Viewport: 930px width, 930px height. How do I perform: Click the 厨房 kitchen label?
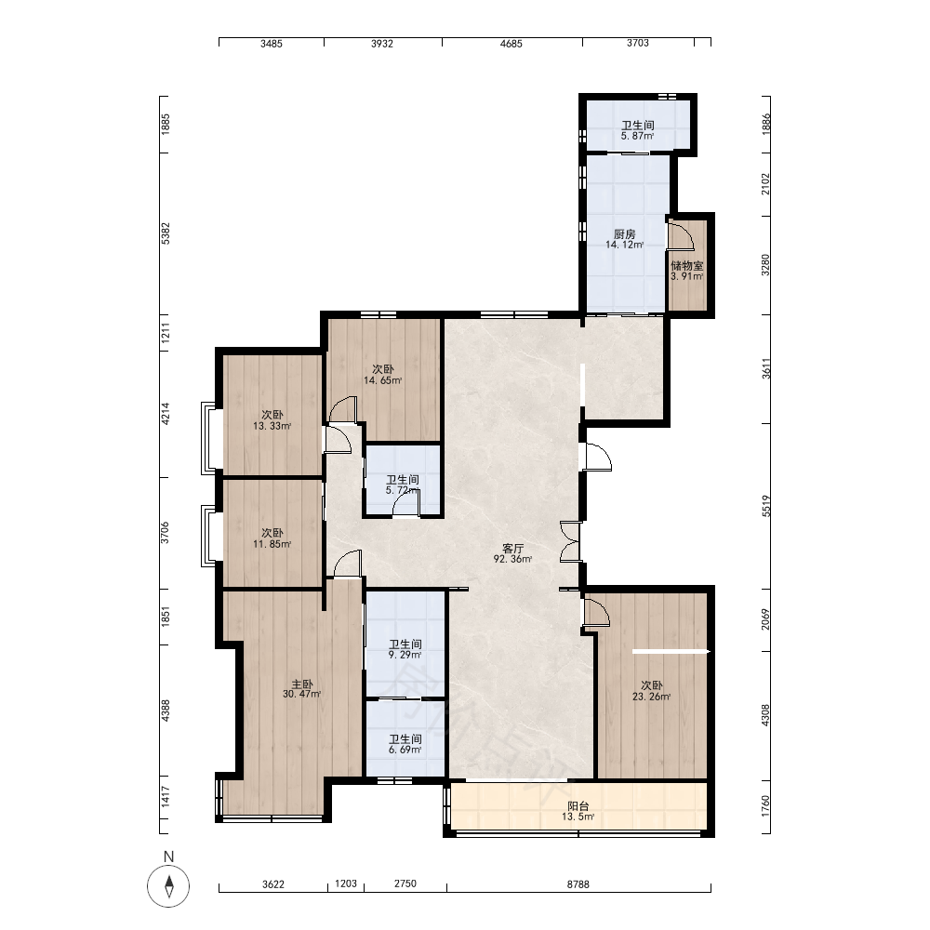coord(625,234)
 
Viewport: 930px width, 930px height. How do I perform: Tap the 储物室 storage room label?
coord(687,266)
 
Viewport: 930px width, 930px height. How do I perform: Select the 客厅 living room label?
coord(513,548)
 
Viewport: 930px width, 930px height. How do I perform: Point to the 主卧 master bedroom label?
coord(302,684)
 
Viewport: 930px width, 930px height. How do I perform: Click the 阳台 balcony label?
coord(578,806)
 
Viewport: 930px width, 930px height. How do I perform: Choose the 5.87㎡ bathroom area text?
coord(638,136)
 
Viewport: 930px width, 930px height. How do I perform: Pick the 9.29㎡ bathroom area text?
coord(405,655)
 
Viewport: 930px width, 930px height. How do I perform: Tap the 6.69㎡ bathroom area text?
coord(405,750)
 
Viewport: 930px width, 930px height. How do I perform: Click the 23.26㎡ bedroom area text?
coord(651,697)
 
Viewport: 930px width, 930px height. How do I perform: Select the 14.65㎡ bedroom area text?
coord(382,380)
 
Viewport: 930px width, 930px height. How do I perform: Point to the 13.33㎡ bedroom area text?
coord(272,426)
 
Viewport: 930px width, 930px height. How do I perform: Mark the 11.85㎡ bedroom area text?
coord(272,544)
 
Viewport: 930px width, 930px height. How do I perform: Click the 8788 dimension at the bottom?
coord(578,884)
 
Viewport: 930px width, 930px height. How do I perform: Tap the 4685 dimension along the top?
coord(511,44)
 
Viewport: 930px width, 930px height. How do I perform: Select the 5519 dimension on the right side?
coord(765,506)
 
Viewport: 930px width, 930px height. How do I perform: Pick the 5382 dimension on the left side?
coord(166,233)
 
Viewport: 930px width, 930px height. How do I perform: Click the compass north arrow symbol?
coord(169,886)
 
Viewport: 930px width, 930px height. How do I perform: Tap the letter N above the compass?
coord(169,857)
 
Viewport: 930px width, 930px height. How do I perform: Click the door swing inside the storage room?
coord(681,237)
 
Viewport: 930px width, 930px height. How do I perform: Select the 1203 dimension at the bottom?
coord(346,883)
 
